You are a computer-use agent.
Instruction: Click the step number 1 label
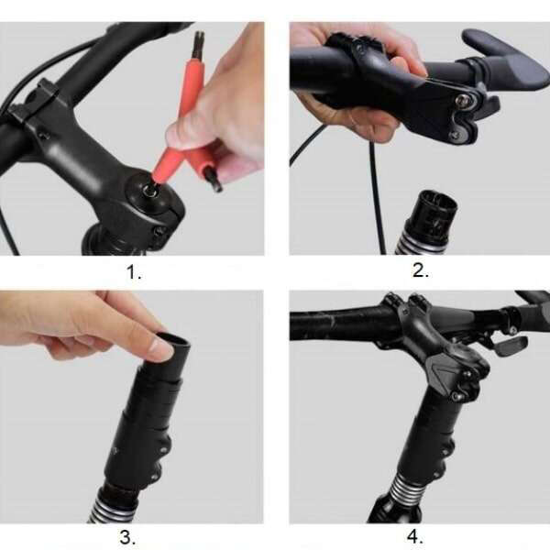click(134, 272)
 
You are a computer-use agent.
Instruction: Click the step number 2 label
click(421, 270)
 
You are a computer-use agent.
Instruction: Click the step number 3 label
click(127, 537)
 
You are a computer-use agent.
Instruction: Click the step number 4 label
click(415, 536)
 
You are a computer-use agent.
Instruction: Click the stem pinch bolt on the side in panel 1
click(160, 232)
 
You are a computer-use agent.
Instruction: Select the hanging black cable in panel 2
click(377, 196)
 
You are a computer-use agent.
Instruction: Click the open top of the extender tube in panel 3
click(173, 340)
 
